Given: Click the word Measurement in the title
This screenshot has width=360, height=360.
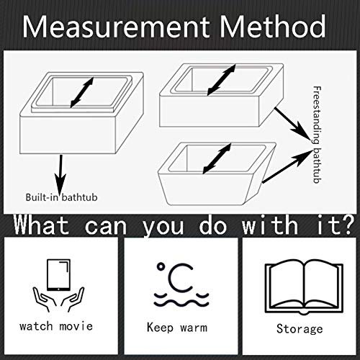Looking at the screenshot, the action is (x=116, y=27).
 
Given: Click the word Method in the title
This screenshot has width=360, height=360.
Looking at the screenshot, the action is (x=273, y=26).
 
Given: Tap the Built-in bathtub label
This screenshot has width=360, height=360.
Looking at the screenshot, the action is (x=61, y=197).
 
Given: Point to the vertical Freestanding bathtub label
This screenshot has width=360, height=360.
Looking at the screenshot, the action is (x=317, y=135).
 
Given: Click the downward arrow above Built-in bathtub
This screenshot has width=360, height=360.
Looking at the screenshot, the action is (x=60, y=175).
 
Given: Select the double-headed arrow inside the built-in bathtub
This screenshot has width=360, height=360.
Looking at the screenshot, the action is (x=81, y=92).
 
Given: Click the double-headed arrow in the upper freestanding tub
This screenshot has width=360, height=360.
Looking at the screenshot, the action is (x=221, y=80).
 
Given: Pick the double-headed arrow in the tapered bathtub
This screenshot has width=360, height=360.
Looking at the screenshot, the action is (x=217, y=158).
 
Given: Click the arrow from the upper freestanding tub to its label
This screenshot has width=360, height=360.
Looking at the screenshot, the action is (x=293, y=124).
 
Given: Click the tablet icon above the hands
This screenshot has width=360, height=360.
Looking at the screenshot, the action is (x=59, y=275).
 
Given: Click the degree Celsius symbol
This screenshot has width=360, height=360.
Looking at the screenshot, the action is (x=175, y=277).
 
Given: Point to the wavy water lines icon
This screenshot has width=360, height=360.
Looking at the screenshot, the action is (x=181, y=300).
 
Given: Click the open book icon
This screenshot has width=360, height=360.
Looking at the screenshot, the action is (x=304, y=287).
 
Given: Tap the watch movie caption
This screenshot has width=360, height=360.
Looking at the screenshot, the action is (x=56, y=326).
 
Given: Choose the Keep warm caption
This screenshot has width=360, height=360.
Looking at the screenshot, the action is (x=177, y=328).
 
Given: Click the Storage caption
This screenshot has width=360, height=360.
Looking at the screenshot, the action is (x=300, y=329).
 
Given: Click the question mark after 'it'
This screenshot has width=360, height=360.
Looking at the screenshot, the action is (x=346, y=225).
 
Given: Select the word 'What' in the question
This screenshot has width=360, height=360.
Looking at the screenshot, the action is (x=41, y=225).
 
